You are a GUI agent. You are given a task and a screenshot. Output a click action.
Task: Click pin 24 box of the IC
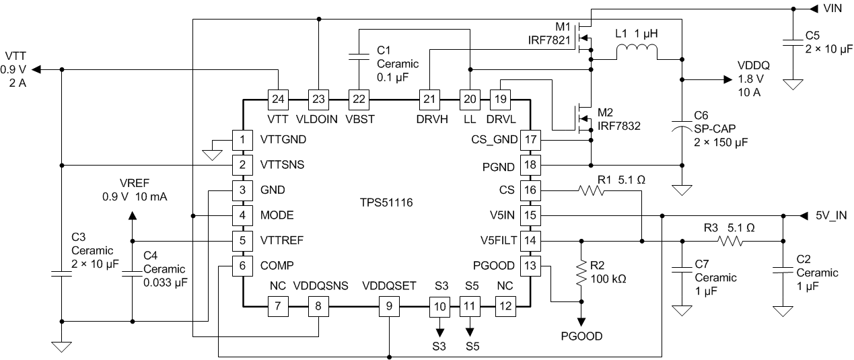[x=277, y=99]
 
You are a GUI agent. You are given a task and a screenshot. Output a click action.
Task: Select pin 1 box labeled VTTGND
[x=241, y=140]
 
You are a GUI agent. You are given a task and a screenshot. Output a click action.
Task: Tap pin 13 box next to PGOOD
[x=531, y=265]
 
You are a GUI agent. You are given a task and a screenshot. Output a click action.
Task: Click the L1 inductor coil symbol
[x=637, y=51]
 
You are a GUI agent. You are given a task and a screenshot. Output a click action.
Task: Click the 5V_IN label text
[x=831, y=216]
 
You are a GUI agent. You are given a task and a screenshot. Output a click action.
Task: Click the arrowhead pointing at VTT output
[x=36, y=69]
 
